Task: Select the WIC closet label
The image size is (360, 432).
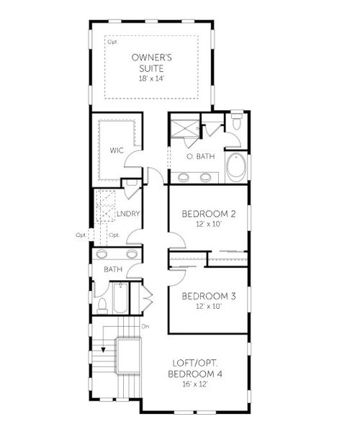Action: point(117,150)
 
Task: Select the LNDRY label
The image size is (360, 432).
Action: point(127,213)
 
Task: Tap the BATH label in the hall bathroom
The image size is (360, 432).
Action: point(112,270)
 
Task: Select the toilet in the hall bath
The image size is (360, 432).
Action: point(102,305)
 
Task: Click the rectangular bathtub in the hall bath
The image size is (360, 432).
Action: point(121,299)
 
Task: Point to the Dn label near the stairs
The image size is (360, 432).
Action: point(145,327)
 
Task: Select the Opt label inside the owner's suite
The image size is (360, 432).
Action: point(112,42)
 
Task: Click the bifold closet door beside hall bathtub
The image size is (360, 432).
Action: point(148,296)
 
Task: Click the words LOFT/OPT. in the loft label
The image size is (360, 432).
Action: point(197,364)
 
